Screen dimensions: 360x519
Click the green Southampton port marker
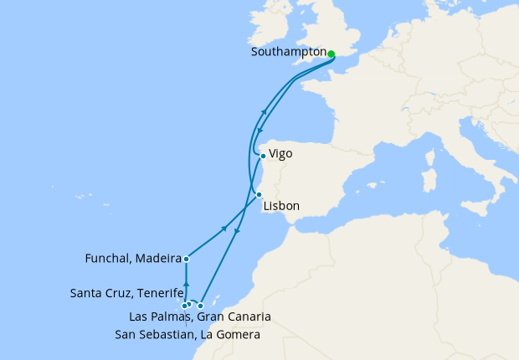point(331,54)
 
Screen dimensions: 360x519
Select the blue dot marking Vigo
point(263,156)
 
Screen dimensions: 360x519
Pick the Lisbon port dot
point(259,195)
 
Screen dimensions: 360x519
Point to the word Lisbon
point(281,206)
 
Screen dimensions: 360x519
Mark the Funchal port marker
point(186,260)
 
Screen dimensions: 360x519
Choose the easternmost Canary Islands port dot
point(200,306)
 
